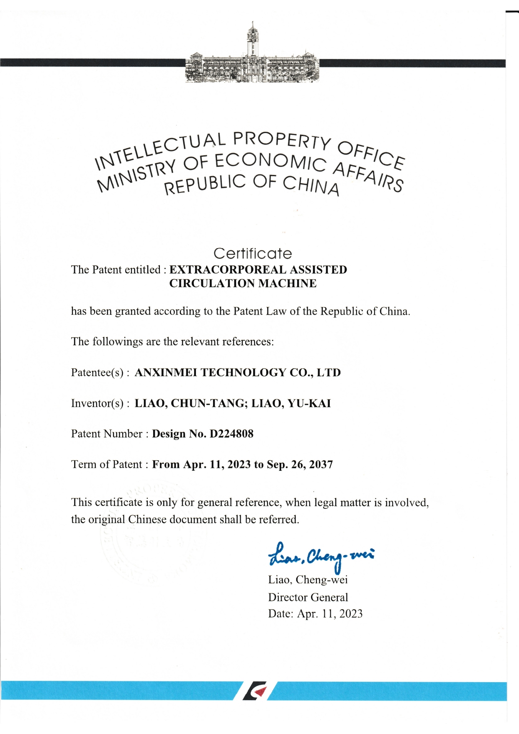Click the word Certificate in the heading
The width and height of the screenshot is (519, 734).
coord(252,254)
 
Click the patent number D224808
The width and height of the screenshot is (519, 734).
coord(231,434)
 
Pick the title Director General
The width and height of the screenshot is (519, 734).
coord(308,597)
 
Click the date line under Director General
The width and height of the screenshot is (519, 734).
coord(315,614)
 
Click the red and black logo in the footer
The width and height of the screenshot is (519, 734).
coord(255,690)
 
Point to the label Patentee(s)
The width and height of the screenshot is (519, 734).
coord(98,372)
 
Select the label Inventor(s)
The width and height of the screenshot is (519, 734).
coord(98,403)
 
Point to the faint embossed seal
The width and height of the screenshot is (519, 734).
coord(154,536)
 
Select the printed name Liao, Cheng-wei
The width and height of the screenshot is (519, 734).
coord(308,580)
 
